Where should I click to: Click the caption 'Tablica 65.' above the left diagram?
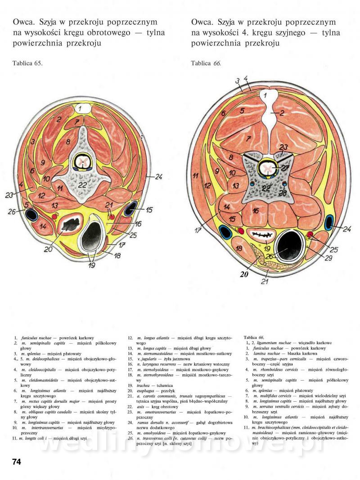coord(27,63)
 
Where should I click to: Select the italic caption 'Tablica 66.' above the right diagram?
coord(206,63)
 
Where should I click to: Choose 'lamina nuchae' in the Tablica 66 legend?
coord(265,354)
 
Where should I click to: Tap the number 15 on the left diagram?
coord(149,210)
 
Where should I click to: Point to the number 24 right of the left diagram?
coord(158,177)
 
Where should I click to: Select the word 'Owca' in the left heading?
coord(23,22)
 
